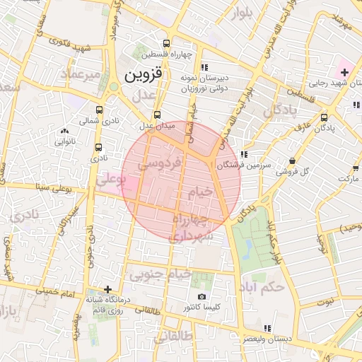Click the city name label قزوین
(143, 73)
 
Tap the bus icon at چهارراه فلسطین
(166, 42)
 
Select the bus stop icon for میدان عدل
(157, 114)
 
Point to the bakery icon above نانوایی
(65, 131)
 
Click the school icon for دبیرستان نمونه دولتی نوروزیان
(204, 68)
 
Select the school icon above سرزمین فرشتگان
(244, 154)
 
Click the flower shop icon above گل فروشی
(293, 160)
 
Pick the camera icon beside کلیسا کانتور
(202, 296)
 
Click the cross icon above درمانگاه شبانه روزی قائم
(107, 288)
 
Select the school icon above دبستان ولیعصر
(267, 328)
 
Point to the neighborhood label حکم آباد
(262, 287)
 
